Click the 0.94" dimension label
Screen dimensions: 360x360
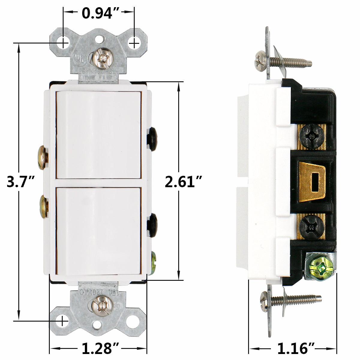(x=98, y=13)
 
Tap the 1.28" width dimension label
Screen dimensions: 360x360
(x=98, y=348)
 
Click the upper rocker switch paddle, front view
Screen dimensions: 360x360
(x=98, y=135)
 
